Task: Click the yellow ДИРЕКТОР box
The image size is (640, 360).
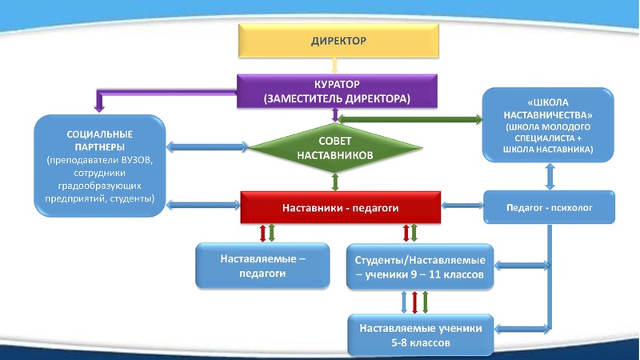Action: (338, 41)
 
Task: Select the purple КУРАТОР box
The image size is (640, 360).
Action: (338, 91)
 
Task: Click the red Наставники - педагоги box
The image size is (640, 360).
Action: (341, 208)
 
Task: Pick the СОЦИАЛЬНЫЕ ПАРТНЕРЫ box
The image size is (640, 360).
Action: (100, 163)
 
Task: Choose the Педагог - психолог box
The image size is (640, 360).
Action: (549, 207)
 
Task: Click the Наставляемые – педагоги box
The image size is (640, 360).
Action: (263, 266)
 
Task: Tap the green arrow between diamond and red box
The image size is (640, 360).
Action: (335, 182)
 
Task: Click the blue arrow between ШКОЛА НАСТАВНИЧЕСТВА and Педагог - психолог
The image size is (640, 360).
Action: (549, 175)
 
